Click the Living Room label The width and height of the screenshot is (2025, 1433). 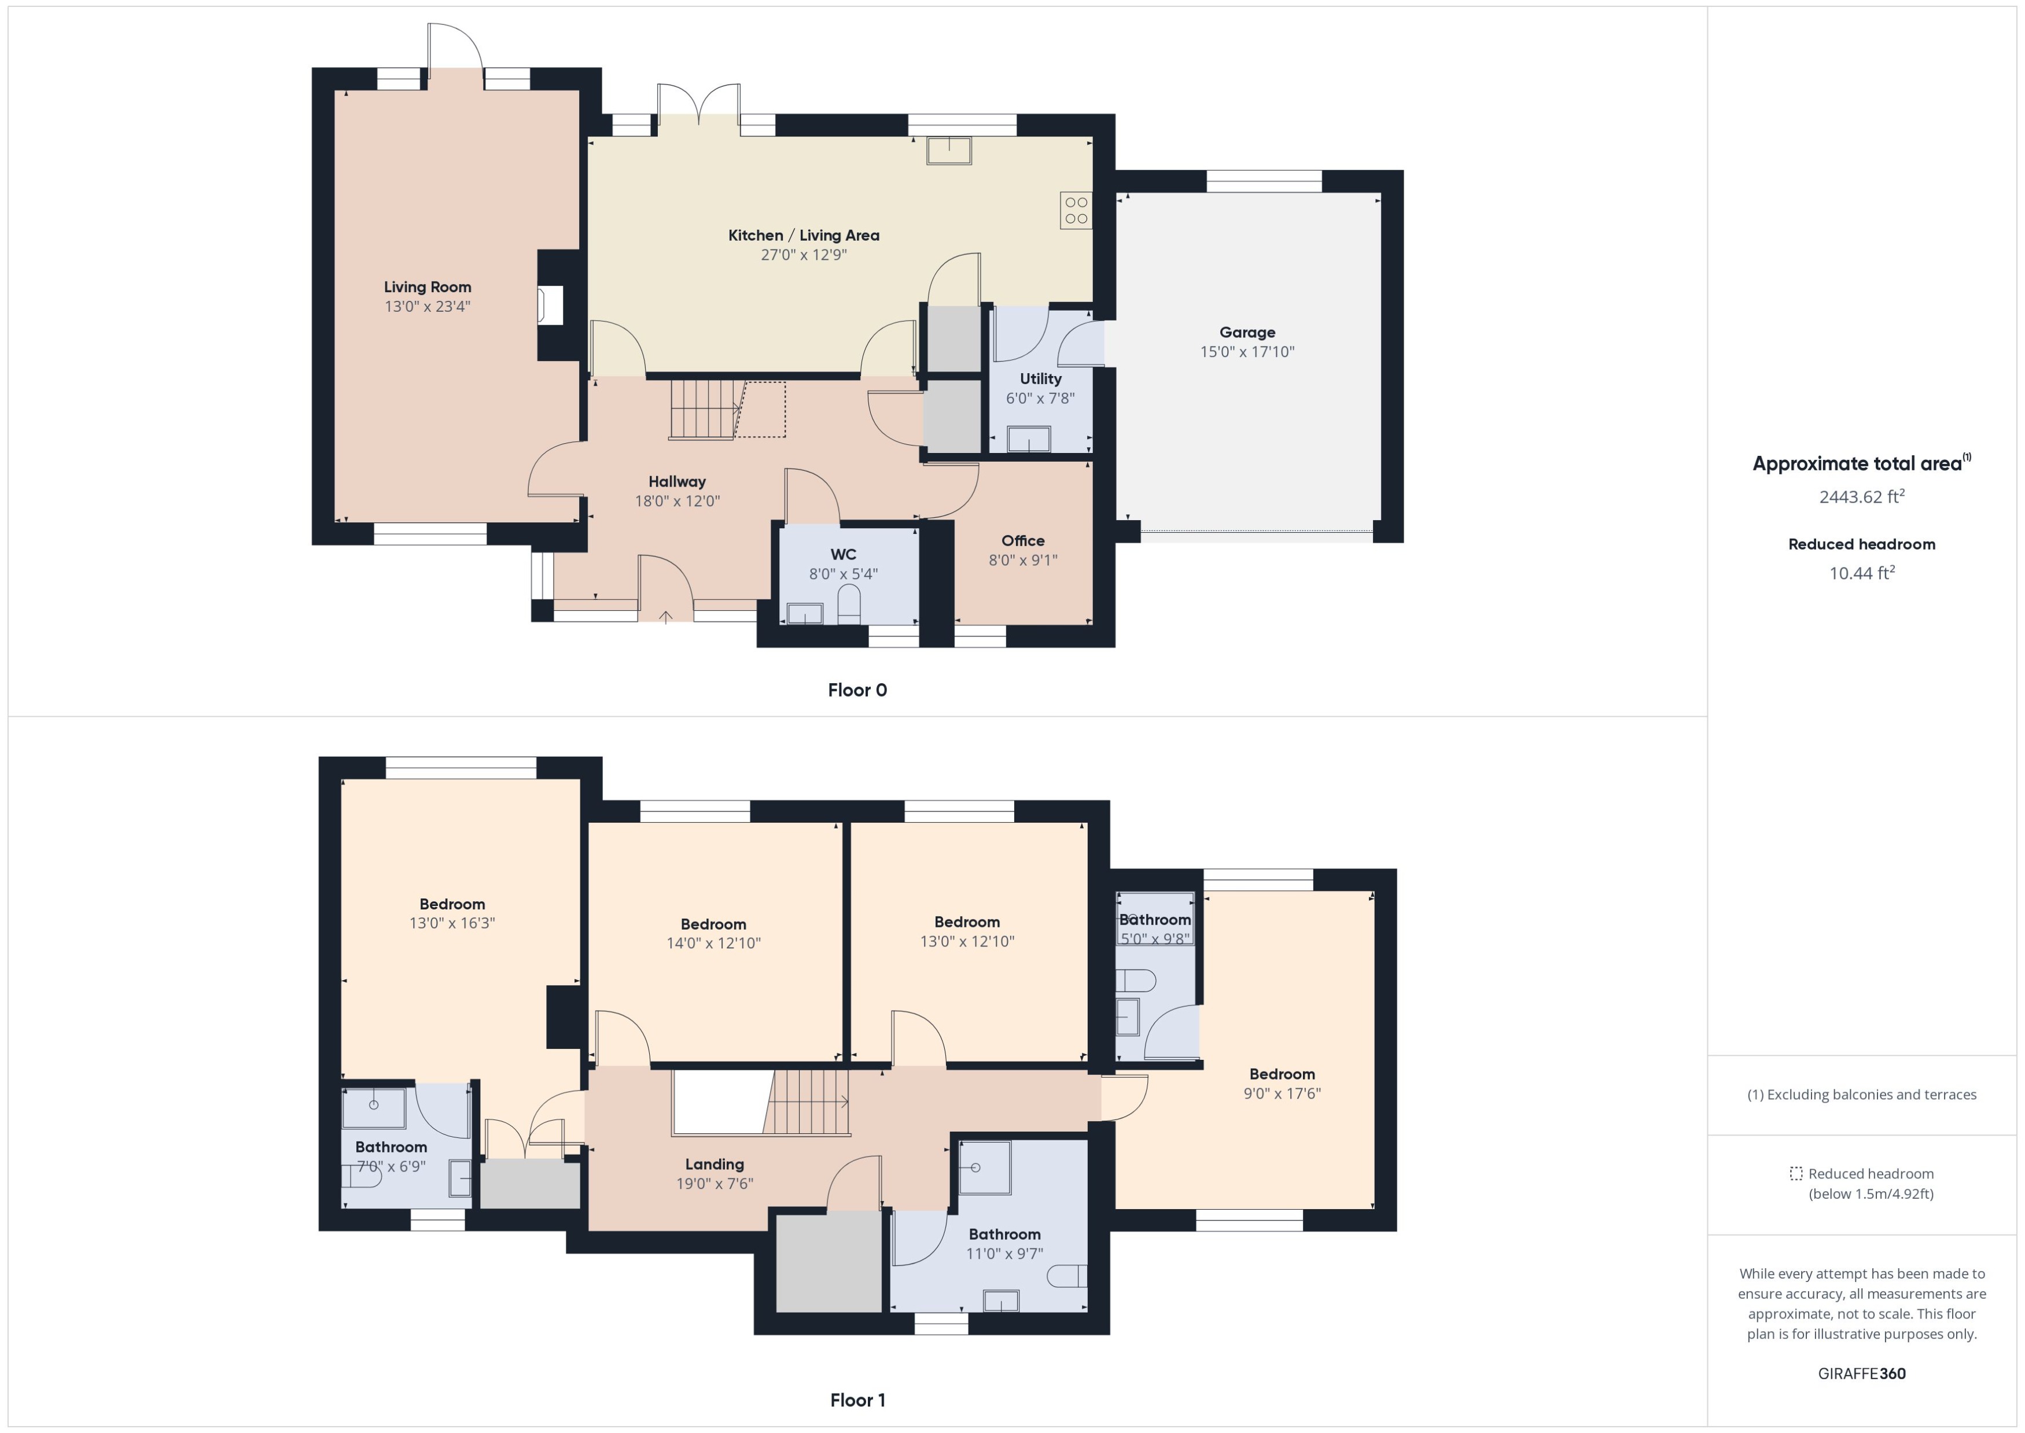pos(427,287)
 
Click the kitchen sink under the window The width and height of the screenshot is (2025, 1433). pos(948,151)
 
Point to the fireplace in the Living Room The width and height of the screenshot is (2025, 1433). pos(551,306)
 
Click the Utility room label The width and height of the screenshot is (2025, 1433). pos(1040,378)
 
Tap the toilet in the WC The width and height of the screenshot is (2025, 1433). pos(848,605)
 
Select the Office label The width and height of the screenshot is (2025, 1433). pos(1023,541)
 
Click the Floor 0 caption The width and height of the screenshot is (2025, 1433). pos(857,690)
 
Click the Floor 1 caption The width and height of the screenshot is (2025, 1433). pos(857,1399)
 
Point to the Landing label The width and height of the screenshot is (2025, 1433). pos(714,1165)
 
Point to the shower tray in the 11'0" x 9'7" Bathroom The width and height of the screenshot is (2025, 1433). pos(984,1167)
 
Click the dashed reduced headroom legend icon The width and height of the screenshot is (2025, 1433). pos(1795,1174)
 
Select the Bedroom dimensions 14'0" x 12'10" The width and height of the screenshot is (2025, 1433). pos(713,943)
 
